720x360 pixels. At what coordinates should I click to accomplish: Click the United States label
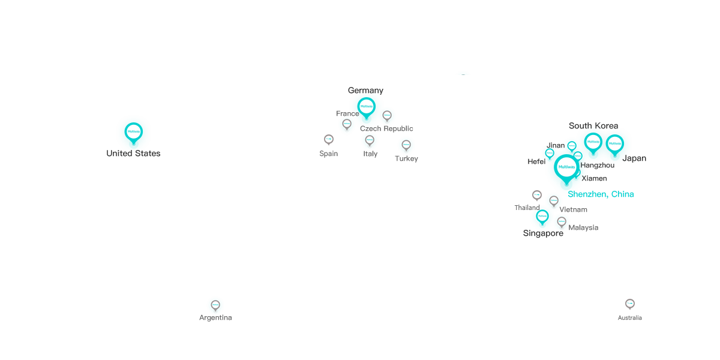tap(133, 154)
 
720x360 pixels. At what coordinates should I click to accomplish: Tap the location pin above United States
tap(133, 131)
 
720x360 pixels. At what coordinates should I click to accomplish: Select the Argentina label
tap(215, 318)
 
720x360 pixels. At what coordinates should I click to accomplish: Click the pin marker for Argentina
tap(215, 305)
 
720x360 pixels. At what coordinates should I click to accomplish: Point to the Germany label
tap(365, 91)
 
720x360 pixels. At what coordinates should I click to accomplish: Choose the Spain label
tap(328, 154)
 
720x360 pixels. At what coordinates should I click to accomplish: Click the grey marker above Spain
tap(329, 140)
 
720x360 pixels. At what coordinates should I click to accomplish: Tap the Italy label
tap(370, 154)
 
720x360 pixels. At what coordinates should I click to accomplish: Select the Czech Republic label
tap(386, 129)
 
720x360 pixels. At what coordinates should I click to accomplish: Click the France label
tap(347, 114)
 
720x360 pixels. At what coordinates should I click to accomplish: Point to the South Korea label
tap(593, 126)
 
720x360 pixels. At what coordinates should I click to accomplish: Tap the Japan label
tap(634, 158)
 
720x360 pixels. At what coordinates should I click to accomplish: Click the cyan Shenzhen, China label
tap(601, 194)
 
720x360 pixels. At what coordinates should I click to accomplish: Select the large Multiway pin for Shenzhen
tap(566, 167)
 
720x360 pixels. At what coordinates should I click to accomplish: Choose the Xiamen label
tap(593, 179)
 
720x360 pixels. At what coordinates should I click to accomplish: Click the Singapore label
tap(543, 233)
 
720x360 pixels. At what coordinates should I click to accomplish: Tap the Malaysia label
tap(583, 228)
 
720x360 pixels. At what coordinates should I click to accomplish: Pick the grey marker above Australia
tap(630, 304)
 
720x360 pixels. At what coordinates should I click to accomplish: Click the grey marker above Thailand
tap(537, 195)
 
